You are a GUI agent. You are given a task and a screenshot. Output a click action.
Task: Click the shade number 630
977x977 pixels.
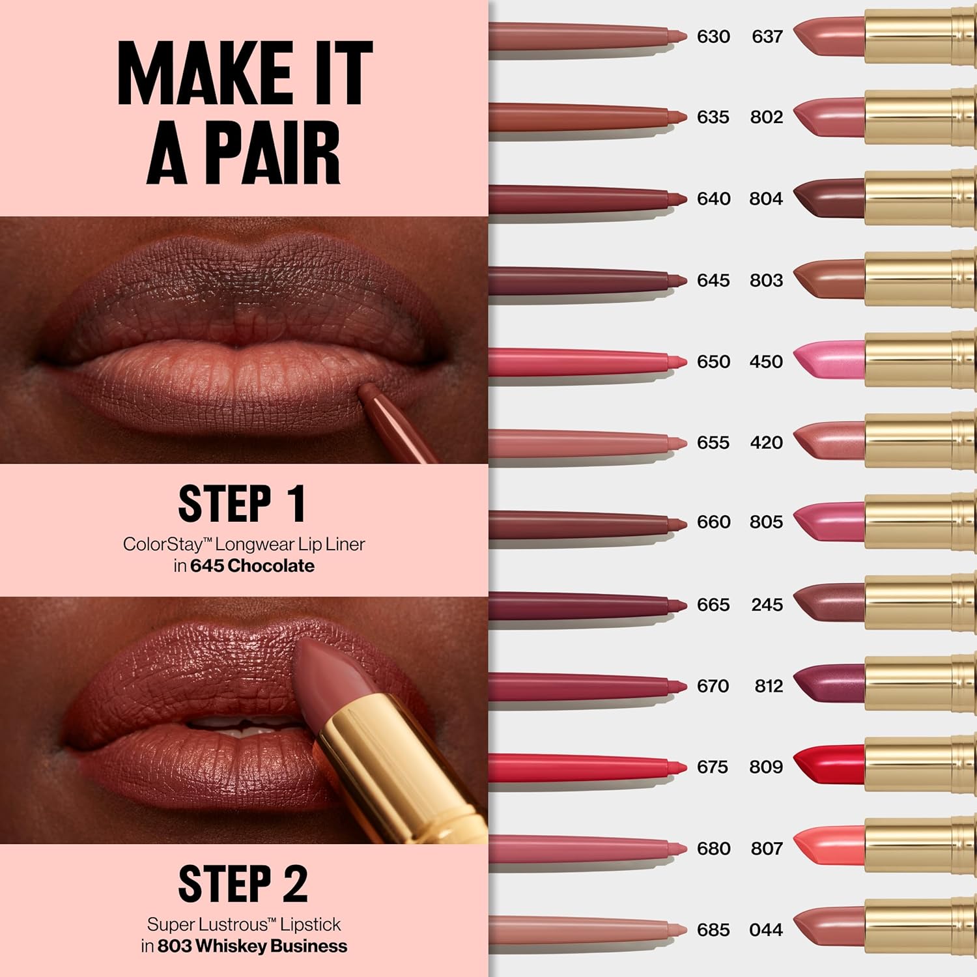713,36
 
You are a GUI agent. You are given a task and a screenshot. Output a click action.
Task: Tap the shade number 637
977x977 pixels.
767,36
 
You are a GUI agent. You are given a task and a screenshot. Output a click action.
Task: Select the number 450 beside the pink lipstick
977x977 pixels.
766,361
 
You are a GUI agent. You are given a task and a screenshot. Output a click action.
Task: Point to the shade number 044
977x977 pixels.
766,930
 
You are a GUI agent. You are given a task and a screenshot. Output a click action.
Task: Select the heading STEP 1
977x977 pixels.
242,503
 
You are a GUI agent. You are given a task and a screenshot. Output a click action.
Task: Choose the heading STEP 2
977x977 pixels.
242,884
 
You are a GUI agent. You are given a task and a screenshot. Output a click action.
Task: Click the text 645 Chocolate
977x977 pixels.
253,566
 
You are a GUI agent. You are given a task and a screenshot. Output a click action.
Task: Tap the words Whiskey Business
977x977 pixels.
271,946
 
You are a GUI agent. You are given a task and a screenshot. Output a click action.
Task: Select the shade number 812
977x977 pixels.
768,686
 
